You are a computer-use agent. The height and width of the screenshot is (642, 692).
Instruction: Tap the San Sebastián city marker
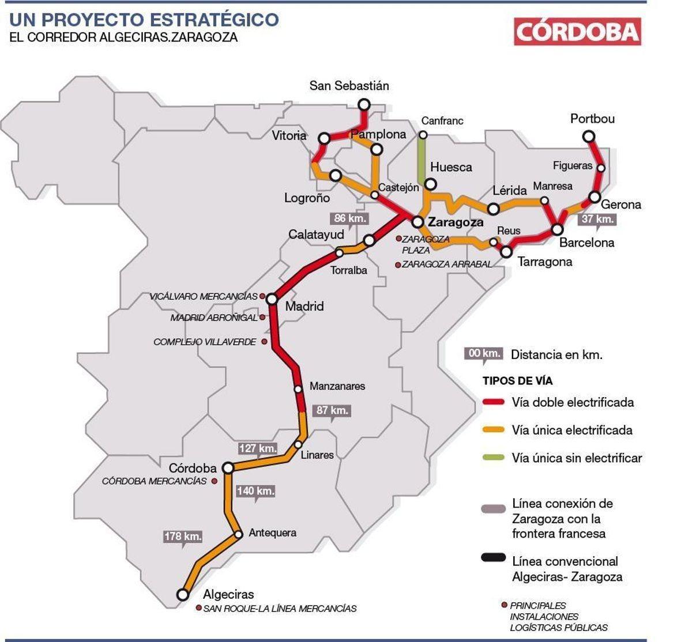tap(364, 104)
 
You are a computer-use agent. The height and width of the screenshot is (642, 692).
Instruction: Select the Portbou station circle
tap(588, 137)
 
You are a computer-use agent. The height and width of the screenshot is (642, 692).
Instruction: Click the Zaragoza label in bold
tap(456, 222)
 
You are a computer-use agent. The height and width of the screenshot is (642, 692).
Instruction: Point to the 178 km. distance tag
tap(183, 536)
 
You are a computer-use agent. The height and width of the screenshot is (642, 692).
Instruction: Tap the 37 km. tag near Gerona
tap(597, 219)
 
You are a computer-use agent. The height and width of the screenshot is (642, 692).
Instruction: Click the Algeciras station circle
tap(183, 594)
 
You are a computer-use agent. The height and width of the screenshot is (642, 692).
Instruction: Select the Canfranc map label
tap(442, 121)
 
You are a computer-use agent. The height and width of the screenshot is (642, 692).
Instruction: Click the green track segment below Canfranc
tap(422, 158)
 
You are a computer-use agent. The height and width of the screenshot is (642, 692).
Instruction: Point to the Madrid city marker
tap(272, 299)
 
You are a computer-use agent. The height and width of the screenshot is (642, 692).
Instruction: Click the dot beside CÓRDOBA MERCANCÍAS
tap(214, 481)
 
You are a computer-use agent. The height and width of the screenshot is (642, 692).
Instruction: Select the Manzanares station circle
tap(298, 389)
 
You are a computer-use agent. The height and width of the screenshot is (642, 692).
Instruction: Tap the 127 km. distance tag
tap(257, 448)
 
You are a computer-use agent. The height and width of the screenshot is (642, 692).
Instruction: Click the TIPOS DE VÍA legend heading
tap(517, 381)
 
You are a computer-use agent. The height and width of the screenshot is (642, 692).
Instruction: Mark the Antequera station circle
tap(239, 534)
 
